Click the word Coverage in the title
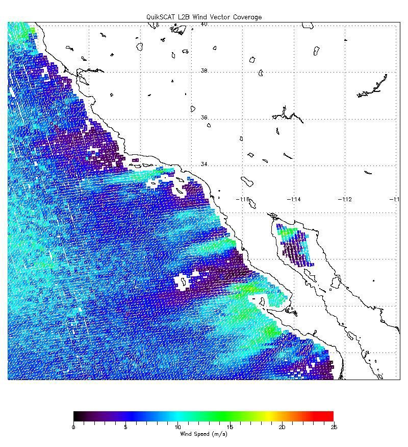click(x=247, y=17)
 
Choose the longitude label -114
click(x=294, y=199)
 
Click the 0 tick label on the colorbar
click(x=74, y=427)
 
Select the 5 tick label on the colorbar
click(x=125, y=427)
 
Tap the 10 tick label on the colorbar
click(x=177, y=427)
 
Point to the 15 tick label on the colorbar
click(x=229, y=427)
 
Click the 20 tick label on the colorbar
click(x=282, y=427)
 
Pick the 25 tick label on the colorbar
click(x=333, y=427)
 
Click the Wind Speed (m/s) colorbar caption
click(x=203, y=434)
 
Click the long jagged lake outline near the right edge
click(x=372, y=87)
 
